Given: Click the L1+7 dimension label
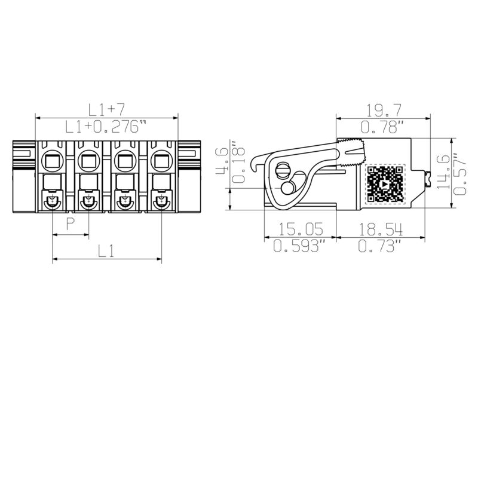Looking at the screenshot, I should pos(106,109).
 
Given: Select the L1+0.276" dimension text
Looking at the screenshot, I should pos(106,126).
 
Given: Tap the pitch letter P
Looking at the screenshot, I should pos(71,225).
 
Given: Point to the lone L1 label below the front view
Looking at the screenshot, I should pos(106,251).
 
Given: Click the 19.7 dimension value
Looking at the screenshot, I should pos(383,110).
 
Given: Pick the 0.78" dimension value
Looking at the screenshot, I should pos(383,126).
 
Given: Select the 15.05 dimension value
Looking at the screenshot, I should pos(298,229).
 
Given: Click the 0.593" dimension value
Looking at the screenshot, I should pos(298,246).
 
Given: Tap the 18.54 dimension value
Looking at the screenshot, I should pos(383,229).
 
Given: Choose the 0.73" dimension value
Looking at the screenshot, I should pos(383,246).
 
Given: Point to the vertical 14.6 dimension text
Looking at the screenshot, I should pos(443,171).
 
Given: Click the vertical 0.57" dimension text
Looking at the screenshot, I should pos(459,173).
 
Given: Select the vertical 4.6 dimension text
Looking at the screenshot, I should pos(221,160).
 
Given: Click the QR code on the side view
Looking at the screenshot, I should pos(385,184).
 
